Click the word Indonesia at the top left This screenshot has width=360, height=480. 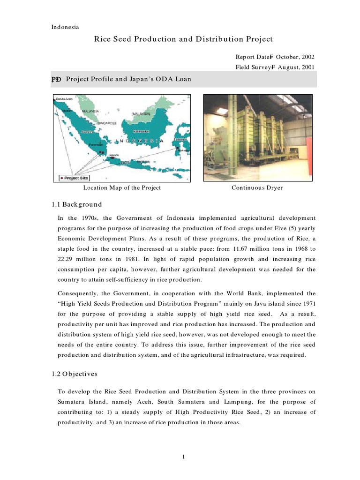[65, 27]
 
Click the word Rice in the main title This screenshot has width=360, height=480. [103, 39]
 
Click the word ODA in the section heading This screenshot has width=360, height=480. [169, 79]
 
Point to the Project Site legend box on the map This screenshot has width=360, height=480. [74, 178]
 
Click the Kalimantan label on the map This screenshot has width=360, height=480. [141, 131]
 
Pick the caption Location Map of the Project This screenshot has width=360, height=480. [122, 188]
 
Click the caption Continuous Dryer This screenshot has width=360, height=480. [257, 188]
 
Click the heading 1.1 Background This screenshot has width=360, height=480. [76, 205]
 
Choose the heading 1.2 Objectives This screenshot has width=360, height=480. [75, 374]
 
